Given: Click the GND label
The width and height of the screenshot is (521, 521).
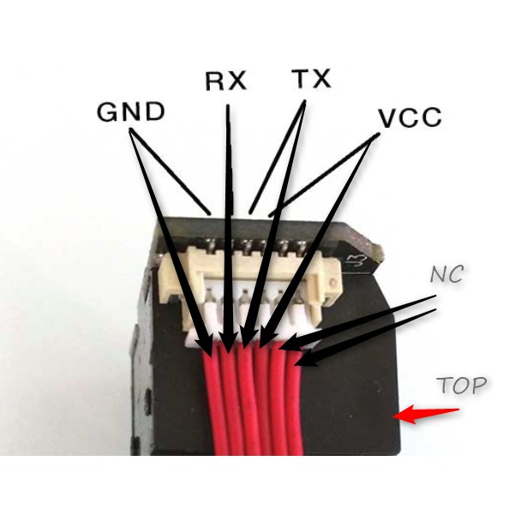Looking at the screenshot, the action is tap(131, 111).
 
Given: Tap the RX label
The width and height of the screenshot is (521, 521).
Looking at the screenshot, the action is tap(226, 81).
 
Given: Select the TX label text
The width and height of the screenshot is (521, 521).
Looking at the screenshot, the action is tap(311, 79).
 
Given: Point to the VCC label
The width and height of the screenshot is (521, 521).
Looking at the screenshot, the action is tap(410, 117).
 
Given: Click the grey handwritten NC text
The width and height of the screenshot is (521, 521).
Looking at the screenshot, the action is tap(446, 274).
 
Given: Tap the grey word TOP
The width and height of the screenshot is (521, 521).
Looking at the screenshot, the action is tap(462, 385).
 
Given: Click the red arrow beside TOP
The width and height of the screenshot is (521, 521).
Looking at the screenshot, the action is tap(426, 414).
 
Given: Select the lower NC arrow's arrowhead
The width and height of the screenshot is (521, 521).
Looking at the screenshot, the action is tap(305, 359).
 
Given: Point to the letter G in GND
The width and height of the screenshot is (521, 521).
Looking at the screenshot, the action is tap(107, 112).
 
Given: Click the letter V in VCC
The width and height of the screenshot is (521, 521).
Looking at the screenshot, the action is tap(389, 118).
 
